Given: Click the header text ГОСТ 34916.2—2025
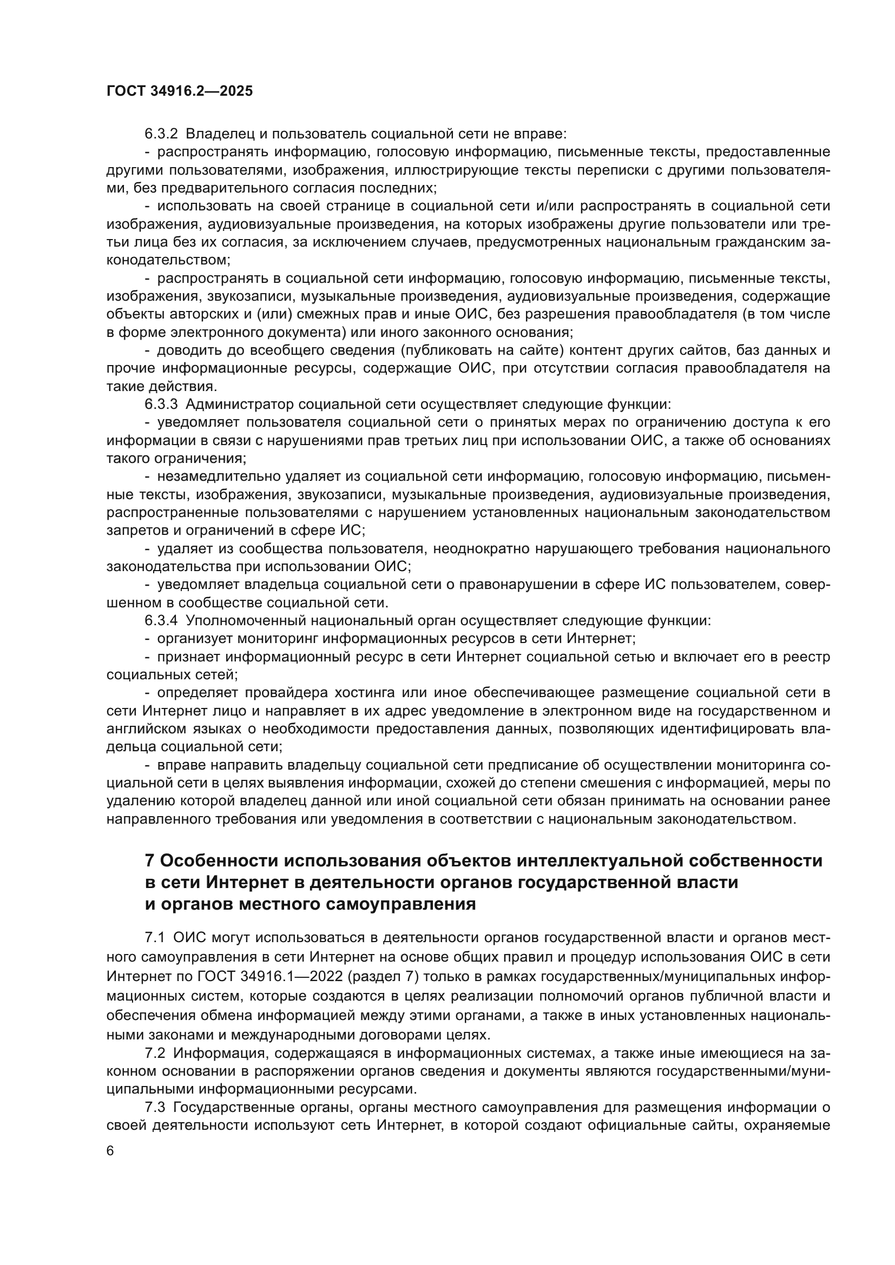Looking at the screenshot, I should pyautogui.click(x=180, y=91).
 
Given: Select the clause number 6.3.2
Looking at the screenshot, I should pyautogui.click(x=161, y=134).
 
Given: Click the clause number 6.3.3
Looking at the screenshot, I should pyautogui.click(x=161, y=405).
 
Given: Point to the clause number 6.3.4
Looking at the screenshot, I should pyautogui.click(x=161, y=621).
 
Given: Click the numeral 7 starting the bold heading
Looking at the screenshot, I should pyautogui.click(x=149, y=860).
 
